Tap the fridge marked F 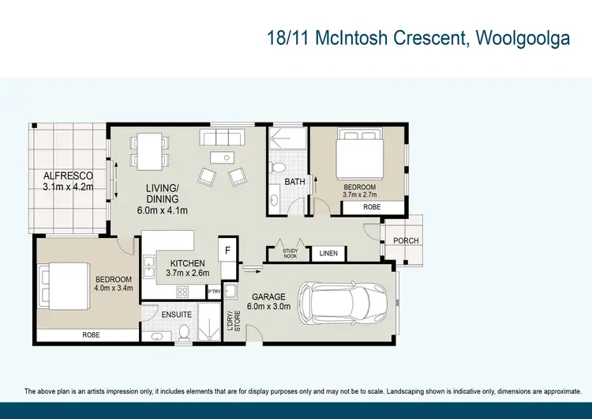tap(227, 250)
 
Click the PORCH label tap(406, 241)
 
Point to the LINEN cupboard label tap(328, 254)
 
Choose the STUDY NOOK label tap(290, 254)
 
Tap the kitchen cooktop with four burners tap(183, 292)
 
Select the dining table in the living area tap(149, 149)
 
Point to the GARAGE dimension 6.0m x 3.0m tap(268, 307)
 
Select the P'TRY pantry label tap(213, 292)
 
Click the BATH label tap(294, 182)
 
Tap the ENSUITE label tap(174, 315)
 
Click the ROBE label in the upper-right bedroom tap(371, 206)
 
